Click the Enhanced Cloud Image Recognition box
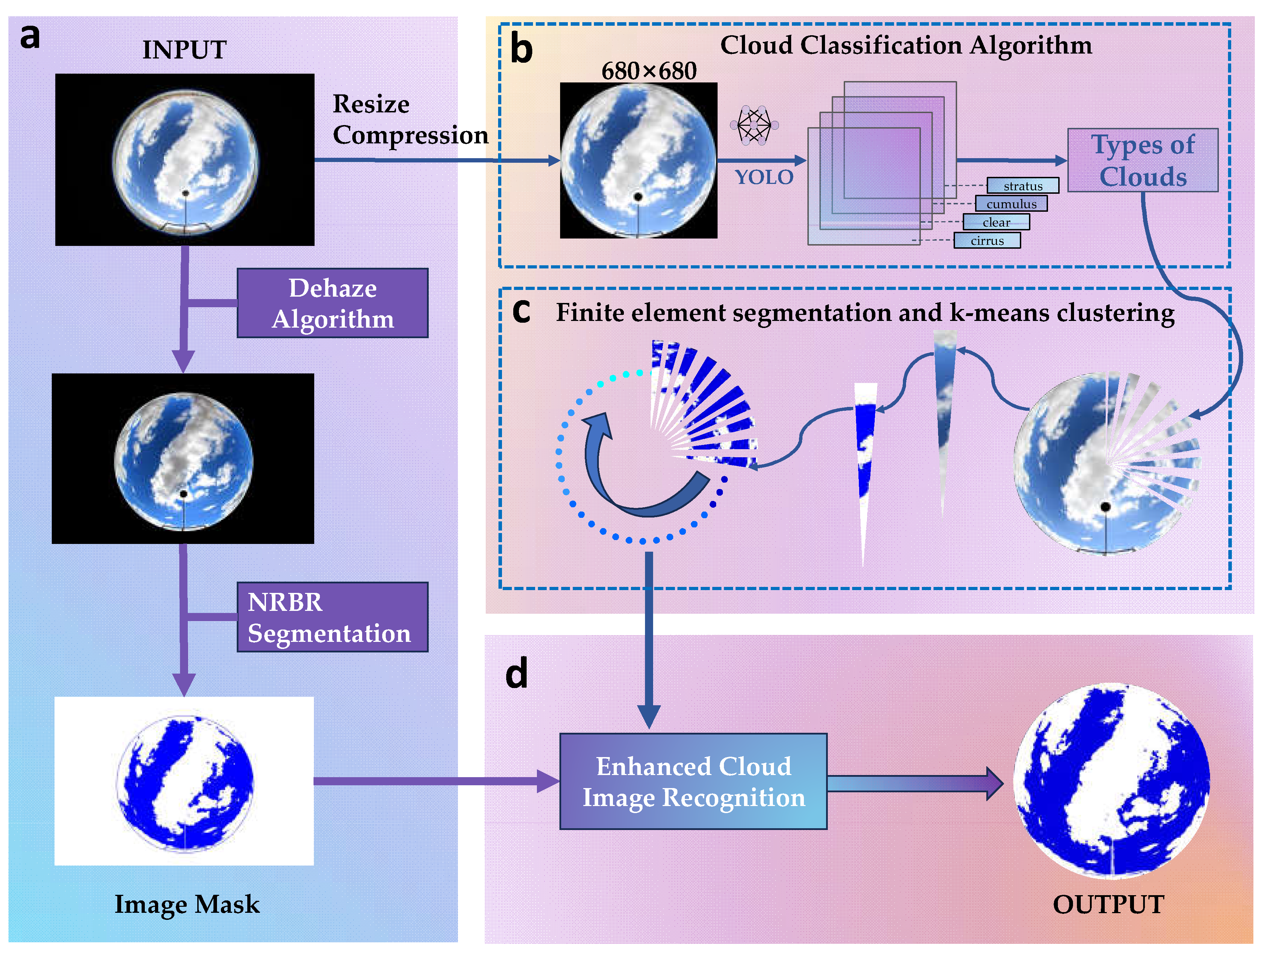(693, 781)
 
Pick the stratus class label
(1023, 186)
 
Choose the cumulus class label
(1011, 204)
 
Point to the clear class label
(996, 222)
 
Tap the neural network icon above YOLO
(754, 125)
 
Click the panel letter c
(521, 312)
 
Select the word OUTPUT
(1108, 904)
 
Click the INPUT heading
(184, 50)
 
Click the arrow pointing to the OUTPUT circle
(915, 783)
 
